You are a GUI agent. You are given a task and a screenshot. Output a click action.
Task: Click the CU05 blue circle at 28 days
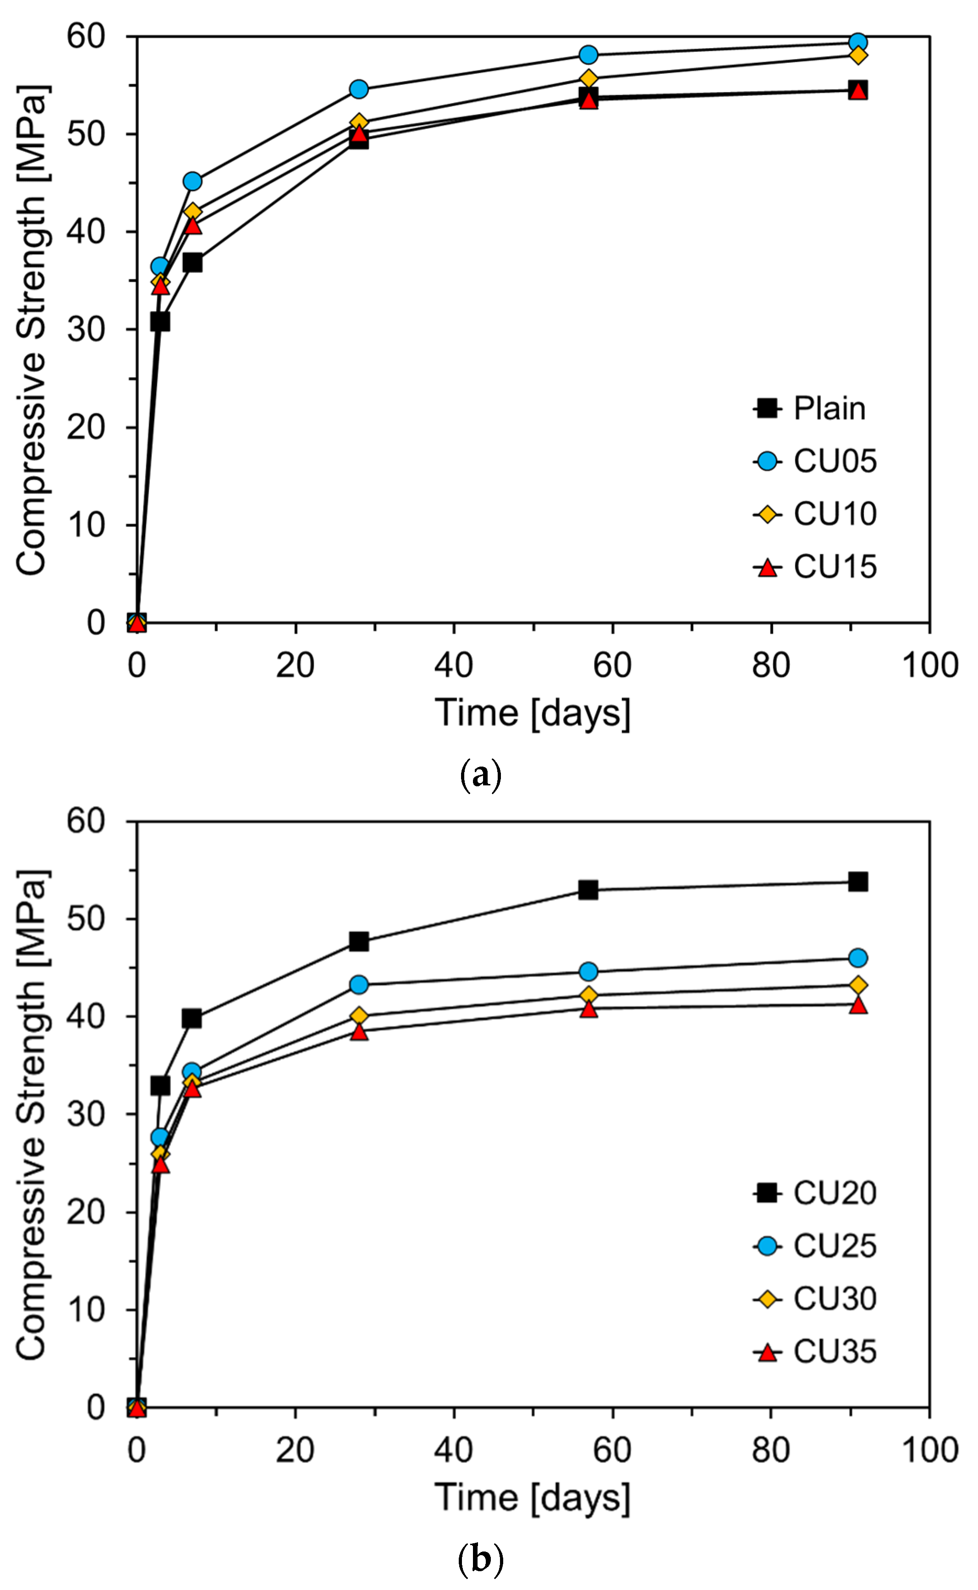[359, 89]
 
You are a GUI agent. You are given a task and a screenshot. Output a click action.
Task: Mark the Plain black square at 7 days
[192, 263]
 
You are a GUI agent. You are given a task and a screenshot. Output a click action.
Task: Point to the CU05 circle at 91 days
[857, 43]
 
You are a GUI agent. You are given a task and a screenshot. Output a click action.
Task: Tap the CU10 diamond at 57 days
[588, 79]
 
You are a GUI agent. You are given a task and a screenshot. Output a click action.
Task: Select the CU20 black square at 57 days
[588, 890]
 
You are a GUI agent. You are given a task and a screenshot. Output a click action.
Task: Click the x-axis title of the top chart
[532, 713]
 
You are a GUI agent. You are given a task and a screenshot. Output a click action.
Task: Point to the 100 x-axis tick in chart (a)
[929, 665]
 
